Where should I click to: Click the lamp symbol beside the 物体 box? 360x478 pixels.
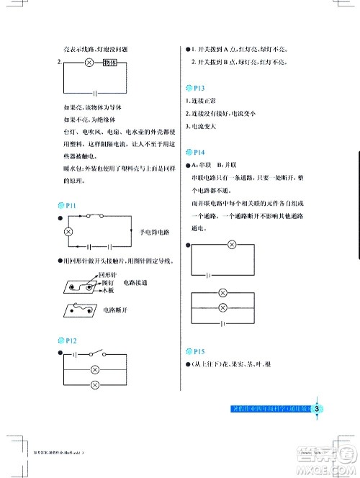tap(90, 63)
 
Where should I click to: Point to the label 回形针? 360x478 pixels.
tap(107, 275)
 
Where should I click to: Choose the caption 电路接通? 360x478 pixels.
tap(135, 283)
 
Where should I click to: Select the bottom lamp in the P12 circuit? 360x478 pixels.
tap(93, 385)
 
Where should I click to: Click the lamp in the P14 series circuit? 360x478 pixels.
tap(232, 245)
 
